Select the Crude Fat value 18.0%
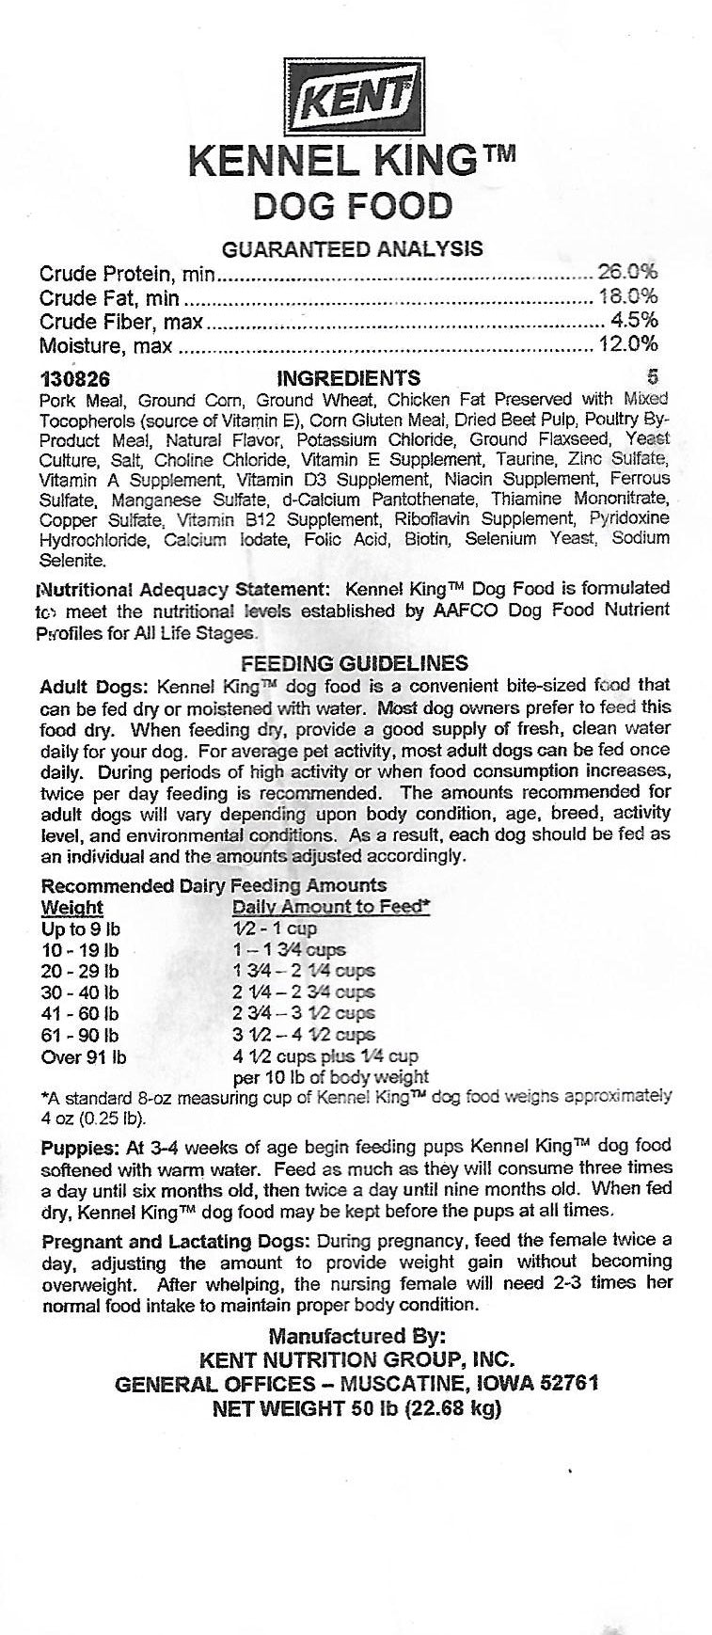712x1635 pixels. (627, 297)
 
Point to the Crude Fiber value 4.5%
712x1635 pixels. (634, 322)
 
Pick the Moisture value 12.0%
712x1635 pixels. (627, 345)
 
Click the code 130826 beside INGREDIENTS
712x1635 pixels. (75, 379)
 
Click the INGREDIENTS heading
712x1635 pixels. (349, 378)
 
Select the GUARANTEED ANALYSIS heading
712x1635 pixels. (352, 248)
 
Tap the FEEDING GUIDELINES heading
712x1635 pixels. (355, 663)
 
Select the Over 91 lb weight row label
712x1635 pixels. (84, 1056)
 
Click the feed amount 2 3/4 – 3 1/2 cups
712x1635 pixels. (303, 1013)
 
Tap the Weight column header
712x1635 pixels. (72, 908)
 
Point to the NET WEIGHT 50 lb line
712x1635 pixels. (356, 1408)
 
